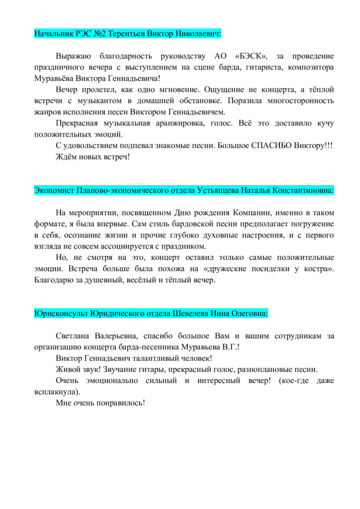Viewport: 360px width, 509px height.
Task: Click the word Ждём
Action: pos(66,157)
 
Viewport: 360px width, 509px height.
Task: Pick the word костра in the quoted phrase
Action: pos(317,269)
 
